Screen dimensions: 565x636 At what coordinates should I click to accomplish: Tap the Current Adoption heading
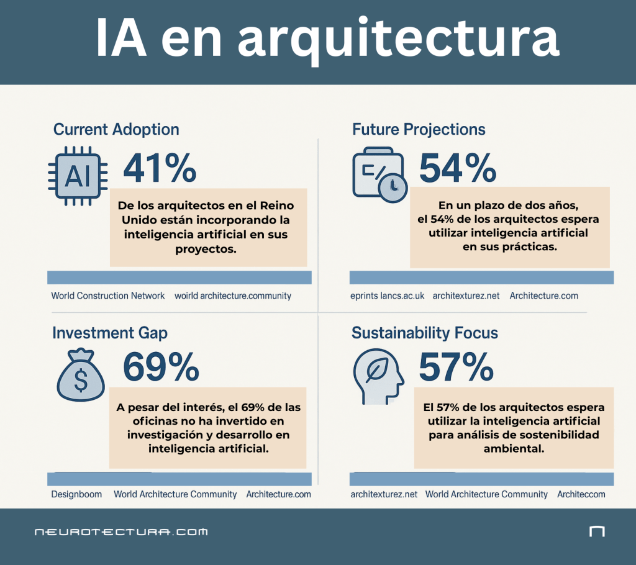tap(116, 129)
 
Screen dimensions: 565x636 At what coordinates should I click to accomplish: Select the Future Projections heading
tap(419, 129)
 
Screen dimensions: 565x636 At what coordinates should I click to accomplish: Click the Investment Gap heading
tap(110, 333)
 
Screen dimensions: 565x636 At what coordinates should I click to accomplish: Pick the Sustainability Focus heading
tap(425, 333)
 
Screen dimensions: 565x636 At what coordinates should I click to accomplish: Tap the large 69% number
tap(161, 367)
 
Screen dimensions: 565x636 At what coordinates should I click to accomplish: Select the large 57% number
tap(457, 367)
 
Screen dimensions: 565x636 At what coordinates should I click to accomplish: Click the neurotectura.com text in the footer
tap(121, 532)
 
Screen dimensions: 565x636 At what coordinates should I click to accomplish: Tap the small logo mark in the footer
tap(596, 531)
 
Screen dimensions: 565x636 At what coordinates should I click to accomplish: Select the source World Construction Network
tap(108, 296)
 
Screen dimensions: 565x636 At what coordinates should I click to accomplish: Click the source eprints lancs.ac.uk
tap(388, 296)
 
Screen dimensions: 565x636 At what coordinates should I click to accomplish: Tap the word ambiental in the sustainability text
tap(514, 448)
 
